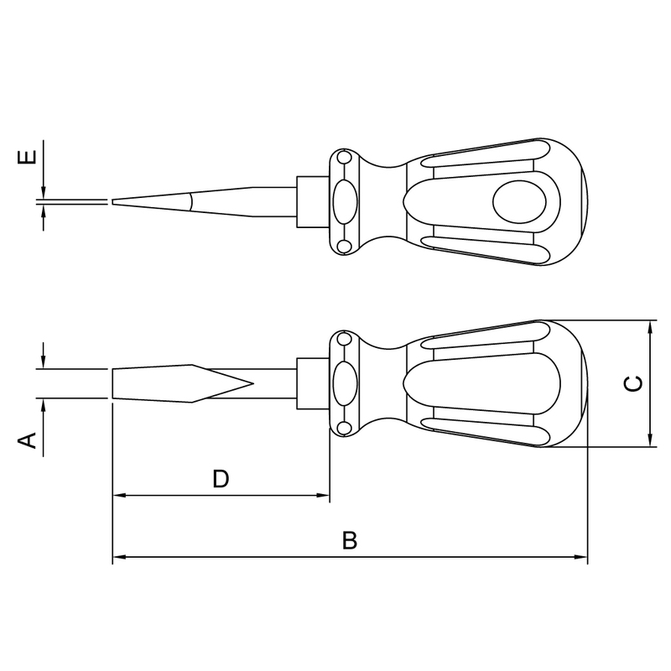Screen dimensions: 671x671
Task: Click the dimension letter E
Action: (x=27, y=157)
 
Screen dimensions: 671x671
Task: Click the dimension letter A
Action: (x=27, y=440)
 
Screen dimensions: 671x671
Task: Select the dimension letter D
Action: (x=221, y=479)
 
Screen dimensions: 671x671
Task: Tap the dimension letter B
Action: (x=350, y=540)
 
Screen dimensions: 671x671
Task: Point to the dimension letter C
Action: (x=633, y=383)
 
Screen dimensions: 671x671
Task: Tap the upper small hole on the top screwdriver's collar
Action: (x=343, y=158)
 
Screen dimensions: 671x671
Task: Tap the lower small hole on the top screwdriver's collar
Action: (x=343, y=246)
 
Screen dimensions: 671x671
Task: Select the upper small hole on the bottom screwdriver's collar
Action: (x=343, y=340)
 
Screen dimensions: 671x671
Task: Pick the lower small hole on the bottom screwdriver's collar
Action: (x=343, y=428)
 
